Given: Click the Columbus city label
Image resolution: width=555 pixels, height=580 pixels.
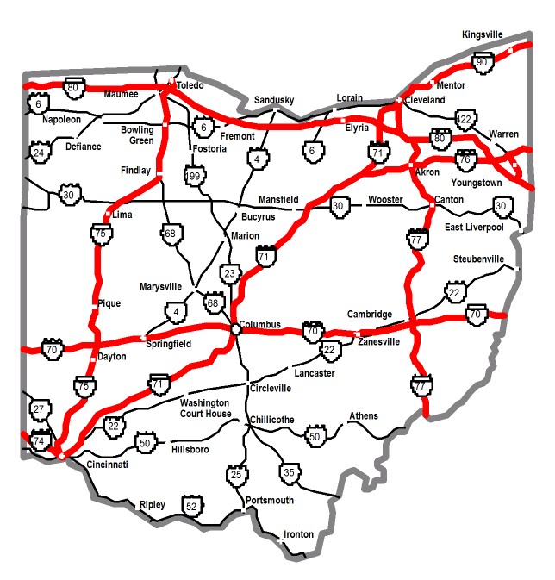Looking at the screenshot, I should click(x=260, y=324).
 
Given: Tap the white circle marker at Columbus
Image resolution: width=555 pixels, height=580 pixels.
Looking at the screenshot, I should click(x=234, y=328).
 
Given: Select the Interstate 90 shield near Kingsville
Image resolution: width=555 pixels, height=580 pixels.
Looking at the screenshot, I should click(x=481, y=61).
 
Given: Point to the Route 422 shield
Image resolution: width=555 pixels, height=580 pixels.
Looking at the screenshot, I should click(x=465, y=119).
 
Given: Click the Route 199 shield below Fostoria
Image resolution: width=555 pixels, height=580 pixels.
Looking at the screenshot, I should click(x=193, y=177).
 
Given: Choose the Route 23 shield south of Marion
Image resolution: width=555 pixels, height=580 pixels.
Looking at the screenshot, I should click(x=228, y=273).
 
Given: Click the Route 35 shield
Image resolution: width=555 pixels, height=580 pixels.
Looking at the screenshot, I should click(x=289, y=471).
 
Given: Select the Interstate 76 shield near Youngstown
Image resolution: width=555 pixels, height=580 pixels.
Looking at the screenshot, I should click(x=465, y=159).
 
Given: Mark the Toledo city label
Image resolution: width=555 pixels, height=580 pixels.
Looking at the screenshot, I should click(x=190, y=87).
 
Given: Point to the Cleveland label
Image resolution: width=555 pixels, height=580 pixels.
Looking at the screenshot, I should click(x=425, y=100).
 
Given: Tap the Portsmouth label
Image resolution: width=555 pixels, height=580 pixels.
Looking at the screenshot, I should click(x=270, y=500).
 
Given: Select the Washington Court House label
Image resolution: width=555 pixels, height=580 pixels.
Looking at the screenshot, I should click(x=205, y=408).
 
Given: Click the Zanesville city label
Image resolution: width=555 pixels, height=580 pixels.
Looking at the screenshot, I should click(x=379, y=341).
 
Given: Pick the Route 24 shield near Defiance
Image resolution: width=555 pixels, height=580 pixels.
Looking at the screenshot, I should click(x=39, y=153).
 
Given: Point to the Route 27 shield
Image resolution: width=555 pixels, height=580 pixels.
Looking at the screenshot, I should click(x=39, y=408).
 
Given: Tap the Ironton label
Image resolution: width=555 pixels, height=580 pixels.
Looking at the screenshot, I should click(x=299, y=534).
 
